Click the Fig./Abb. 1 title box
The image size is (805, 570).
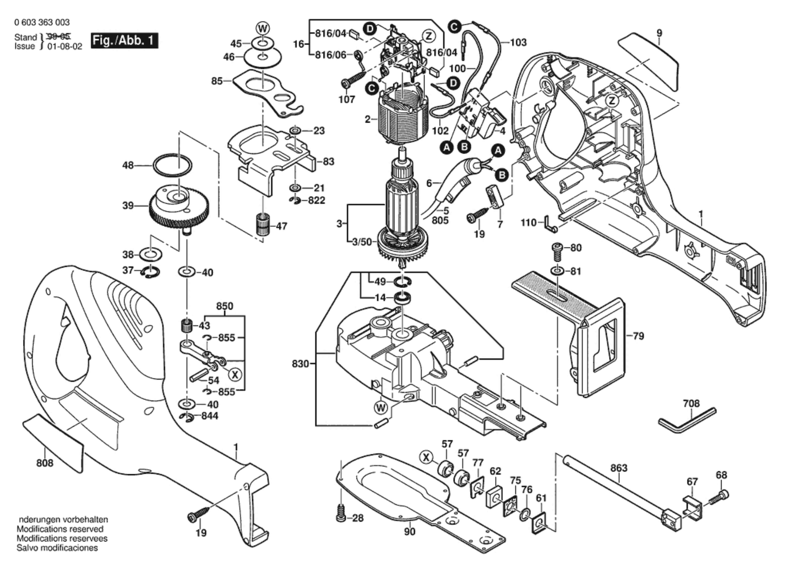tap(124, 40)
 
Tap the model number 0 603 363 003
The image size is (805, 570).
tap(42, 22)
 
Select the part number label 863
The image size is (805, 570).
tap(619, 468)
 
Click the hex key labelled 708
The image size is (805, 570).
tap(687, 421)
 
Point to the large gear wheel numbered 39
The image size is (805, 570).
tap(178, 207)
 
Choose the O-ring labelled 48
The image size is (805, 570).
tap(172, 165)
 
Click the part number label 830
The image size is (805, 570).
tap(300, 363)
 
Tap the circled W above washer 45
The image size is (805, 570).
tap(262, 28)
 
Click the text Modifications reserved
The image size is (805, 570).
tap(60, 529)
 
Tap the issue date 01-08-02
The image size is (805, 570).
tap(65, 46)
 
